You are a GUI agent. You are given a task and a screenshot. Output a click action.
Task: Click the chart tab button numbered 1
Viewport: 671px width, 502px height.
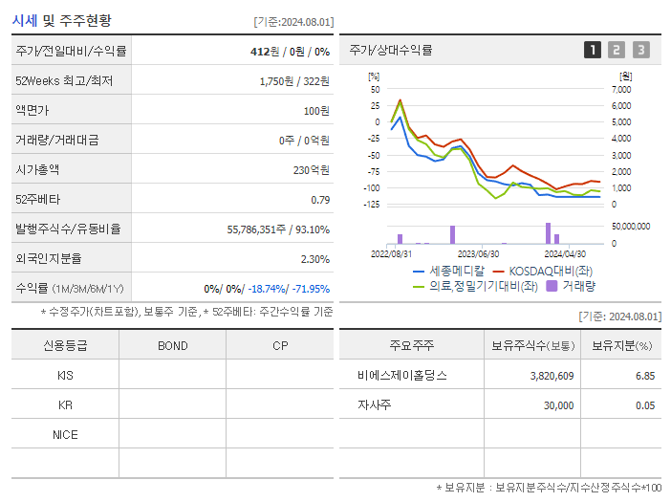(593, 50)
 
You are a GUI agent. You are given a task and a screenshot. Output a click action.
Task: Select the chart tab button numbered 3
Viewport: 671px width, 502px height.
(640, 50)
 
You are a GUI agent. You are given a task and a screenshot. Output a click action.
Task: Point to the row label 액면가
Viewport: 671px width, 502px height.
(32, 110)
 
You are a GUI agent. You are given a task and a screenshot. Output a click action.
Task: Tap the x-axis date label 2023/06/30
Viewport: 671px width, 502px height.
(478, 254)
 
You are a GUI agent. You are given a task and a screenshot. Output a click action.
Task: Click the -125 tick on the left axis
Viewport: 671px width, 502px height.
(371, 204)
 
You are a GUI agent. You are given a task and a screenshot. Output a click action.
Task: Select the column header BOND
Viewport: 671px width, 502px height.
(172, 345)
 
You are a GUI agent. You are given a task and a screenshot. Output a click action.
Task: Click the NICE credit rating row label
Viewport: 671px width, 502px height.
(65, 434)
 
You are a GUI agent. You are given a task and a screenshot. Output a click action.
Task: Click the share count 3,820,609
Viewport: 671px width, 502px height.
(552, 376)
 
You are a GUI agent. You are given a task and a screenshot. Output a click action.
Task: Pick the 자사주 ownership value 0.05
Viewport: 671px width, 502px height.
(644, 405)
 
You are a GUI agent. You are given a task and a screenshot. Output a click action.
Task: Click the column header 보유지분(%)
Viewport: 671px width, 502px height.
(621, 345)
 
